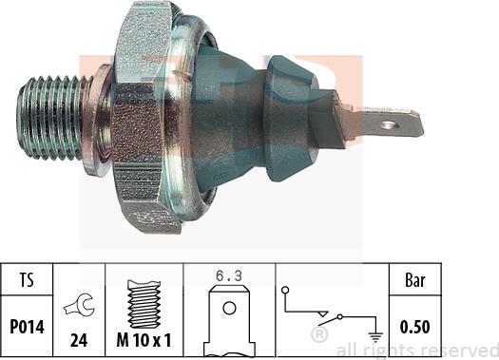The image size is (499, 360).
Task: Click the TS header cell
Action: [27, 280]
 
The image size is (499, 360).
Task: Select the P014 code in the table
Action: [27, 327]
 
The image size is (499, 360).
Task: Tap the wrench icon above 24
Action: [79, 304]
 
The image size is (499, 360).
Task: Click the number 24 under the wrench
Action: [79, 340]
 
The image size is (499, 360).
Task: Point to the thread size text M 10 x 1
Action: [144, 340]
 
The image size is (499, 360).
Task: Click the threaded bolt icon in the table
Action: [144, 304]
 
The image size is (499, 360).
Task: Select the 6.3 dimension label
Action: [229, 276]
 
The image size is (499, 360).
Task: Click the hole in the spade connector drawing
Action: [229, 308]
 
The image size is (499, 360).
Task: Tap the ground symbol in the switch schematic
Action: [375, 336]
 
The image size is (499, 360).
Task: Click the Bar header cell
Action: [415, 280]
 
